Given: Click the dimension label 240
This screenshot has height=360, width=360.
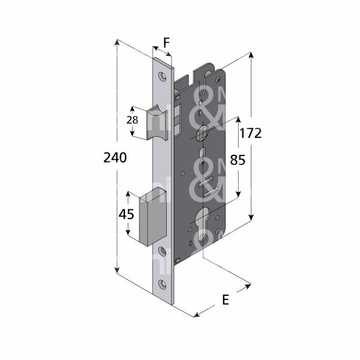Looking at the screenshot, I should coord(115,158).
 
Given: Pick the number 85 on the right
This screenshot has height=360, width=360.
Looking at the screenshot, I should coord(238,161).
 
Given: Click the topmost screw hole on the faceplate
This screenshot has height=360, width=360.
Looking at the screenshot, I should coord(162,76).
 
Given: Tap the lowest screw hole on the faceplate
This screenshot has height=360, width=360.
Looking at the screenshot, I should coord(162,284).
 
